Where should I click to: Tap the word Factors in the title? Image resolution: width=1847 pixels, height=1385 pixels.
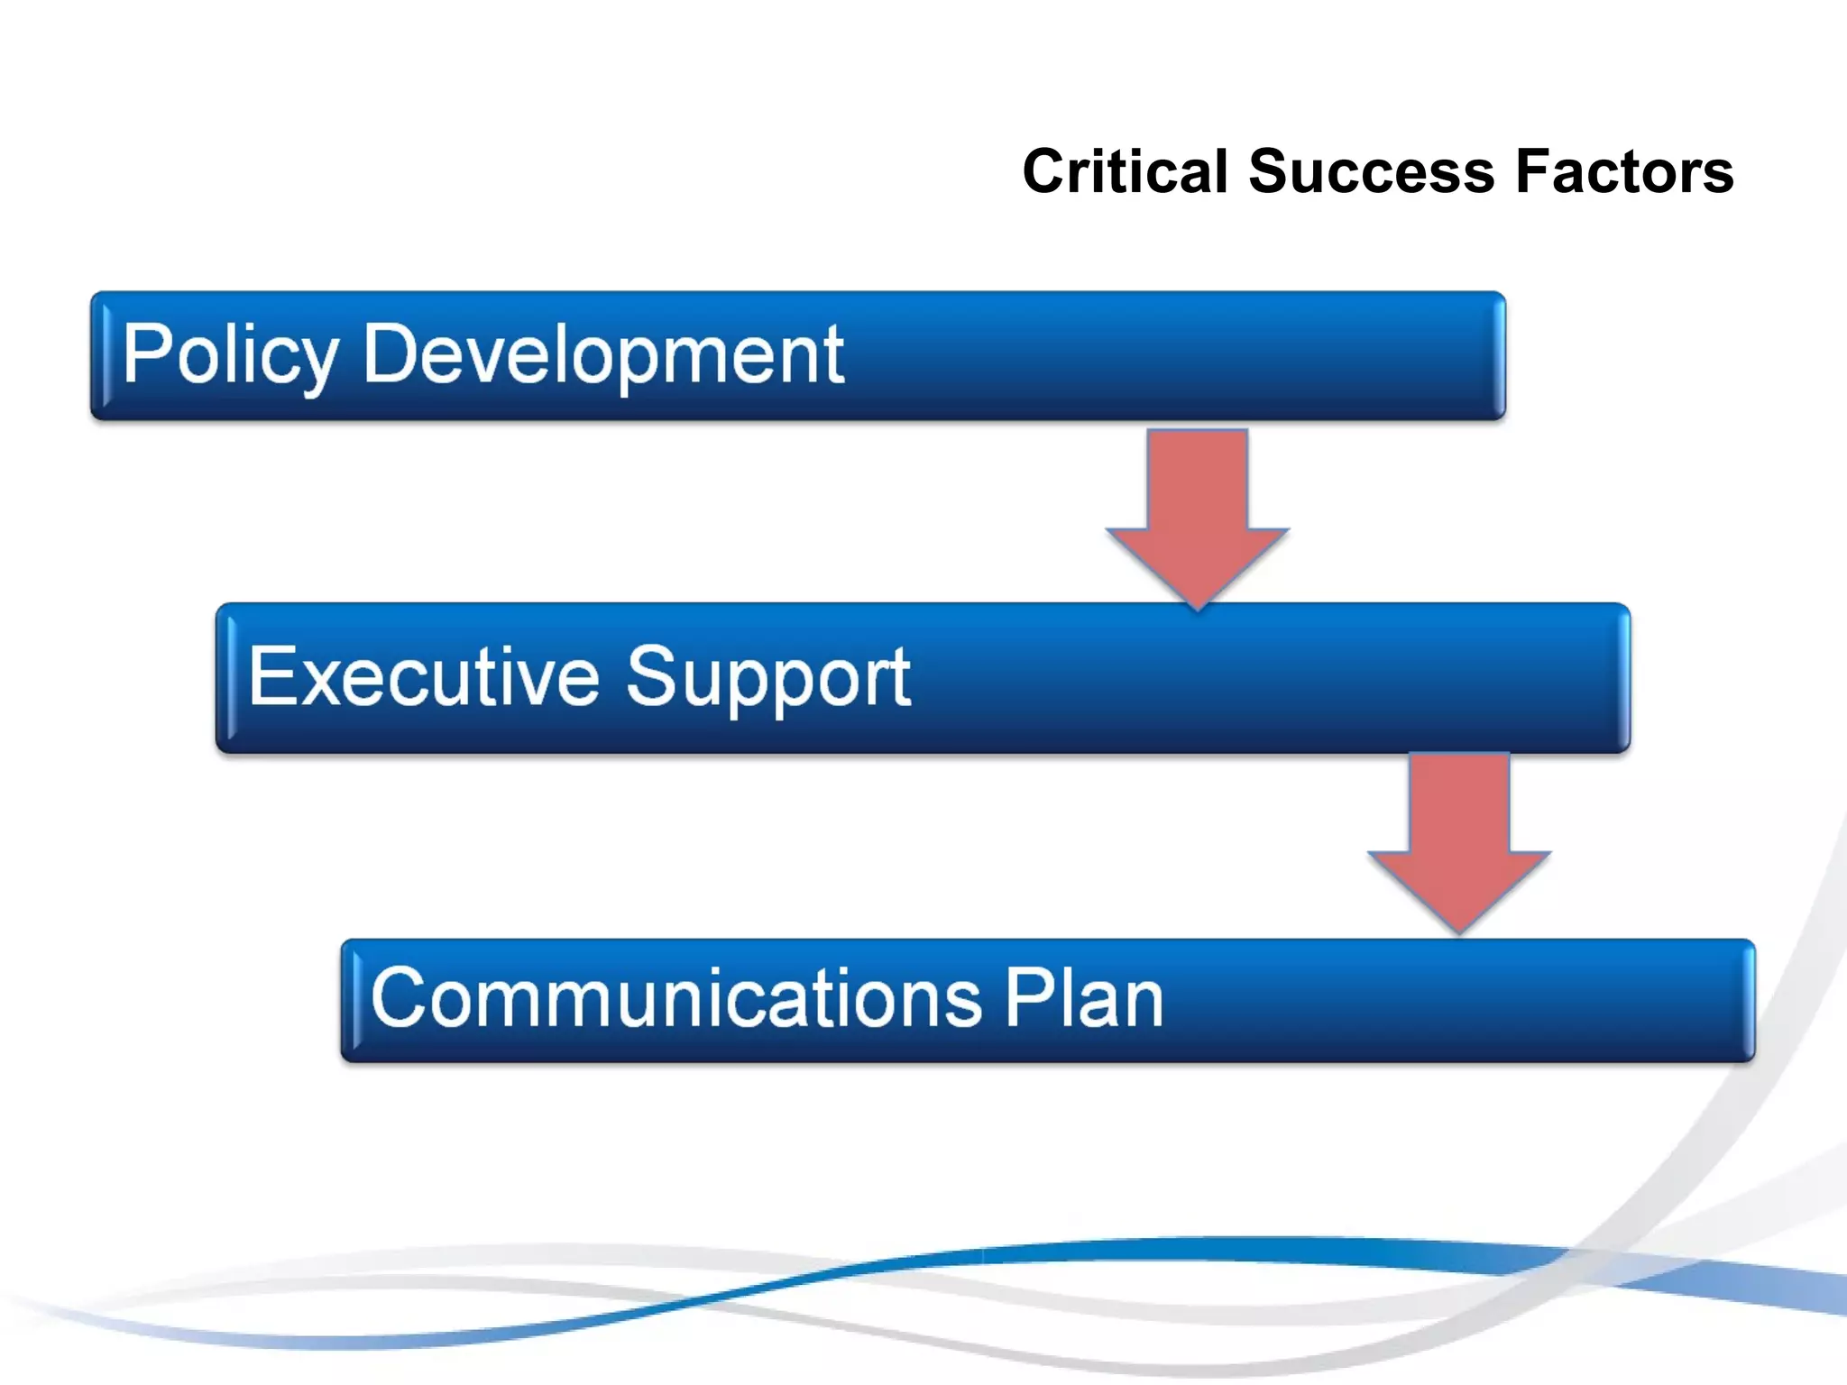[1624, 171]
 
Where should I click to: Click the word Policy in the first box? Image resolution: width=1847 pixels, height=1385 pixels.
[231, 356]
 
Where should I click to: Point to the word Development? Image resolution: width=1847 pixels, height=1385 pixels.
[602, 356]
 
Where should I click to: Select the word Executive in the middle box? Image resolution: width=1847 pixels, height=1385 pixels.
[423, 677]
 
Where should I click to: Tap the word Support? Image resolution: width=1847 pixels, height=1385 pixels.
[767, 677]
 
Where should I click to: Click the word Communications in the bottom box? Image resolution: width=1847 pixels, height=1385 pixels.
[675, 998]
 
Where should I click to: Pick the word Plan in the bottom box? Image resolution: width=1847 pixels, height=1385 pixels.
[1084, 998]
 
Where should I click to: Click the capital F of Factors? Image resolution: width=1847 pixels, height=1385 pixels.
[1534, 171]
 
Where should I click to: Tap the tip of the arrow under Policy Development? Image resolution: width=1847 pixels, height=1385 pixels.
[1198, 606]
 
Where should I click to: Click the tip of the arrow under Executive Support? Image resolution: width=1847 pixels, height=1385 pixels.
[1459, 929]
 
